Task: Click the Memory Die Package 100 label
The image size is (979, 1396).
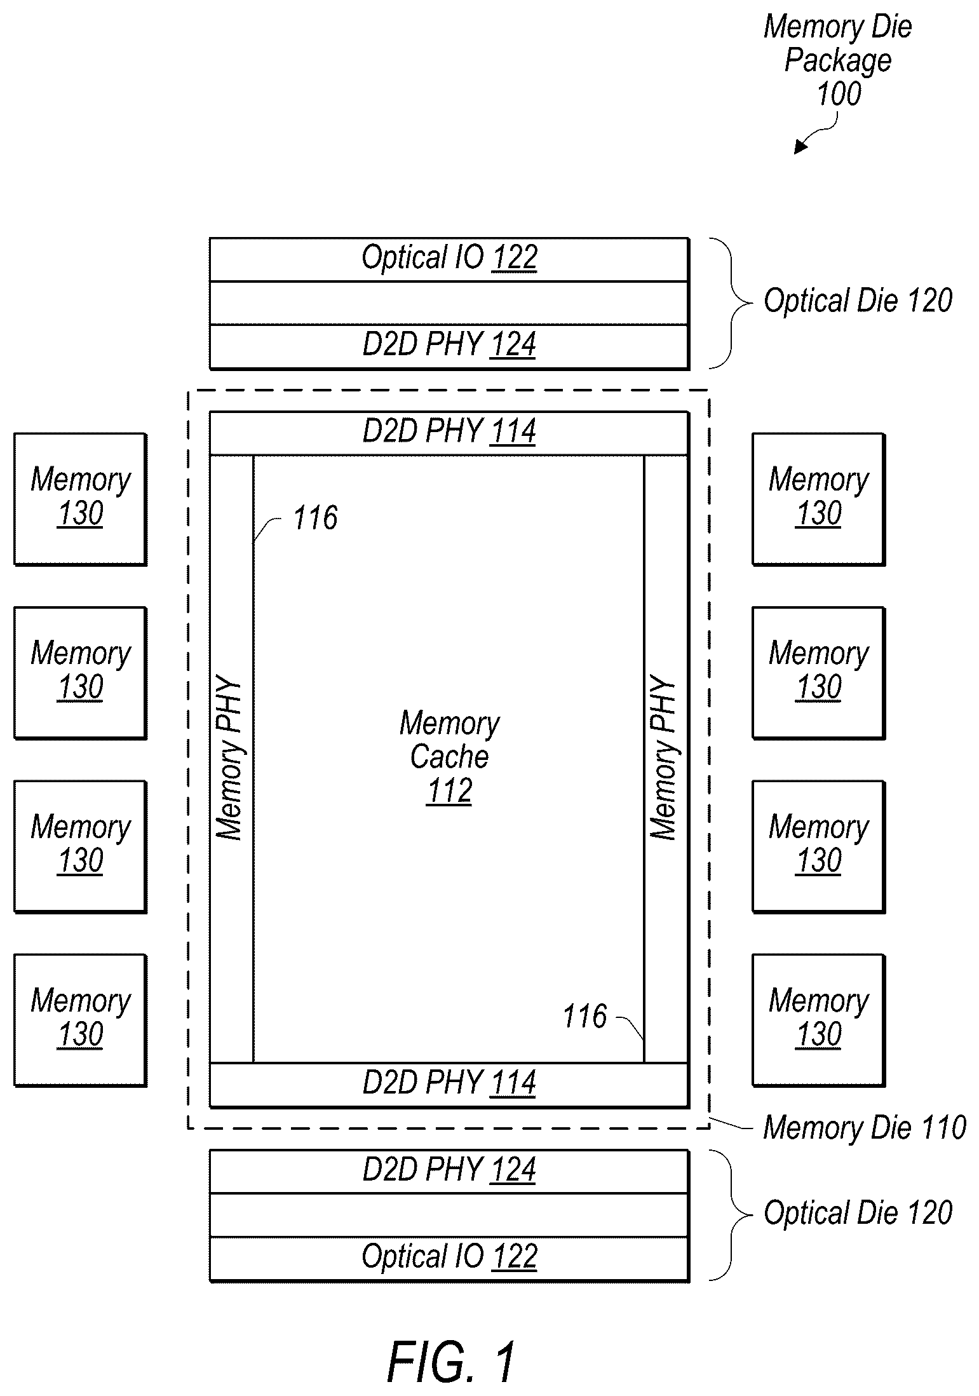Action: point(838,60)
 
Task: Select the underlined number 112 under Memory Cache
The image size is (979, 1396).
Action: point(449,791)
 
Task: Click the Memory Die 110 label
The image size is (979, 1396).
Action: point(865,1127)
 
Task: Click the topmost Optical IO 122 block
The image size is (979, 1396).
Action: point(449,260)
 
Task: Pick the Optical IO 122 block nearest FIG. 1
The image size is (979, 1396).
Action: point(449,1258)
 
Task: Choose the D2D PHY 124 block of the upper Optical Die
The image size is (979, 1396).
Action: point(449,346)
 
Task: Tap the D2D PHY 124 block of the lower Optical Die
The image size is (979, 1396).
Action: point(449,1171)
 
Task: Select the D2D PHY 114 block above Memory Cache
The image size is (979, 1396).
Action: point(449,433)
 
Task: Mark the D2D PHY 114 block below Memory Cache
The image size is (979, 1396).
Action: point(449,1085)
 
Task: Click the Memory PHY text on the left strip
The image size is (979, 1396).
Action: point(229,759)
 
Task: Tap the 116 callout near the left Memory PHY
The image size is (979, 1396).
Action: point(315,518)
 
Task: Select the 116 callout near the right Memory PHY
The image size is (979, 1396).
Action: point(585,1016)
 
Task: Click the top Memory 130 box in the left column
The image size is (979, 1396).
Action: point(81,499)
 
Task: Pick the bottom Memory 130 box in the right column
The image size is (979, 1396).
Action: point(818,1020)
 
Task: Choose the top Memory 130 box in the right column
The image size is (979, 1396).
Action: point(818,499)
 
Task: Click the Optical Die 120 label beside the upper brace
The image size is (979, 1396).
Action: point(858,301)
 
